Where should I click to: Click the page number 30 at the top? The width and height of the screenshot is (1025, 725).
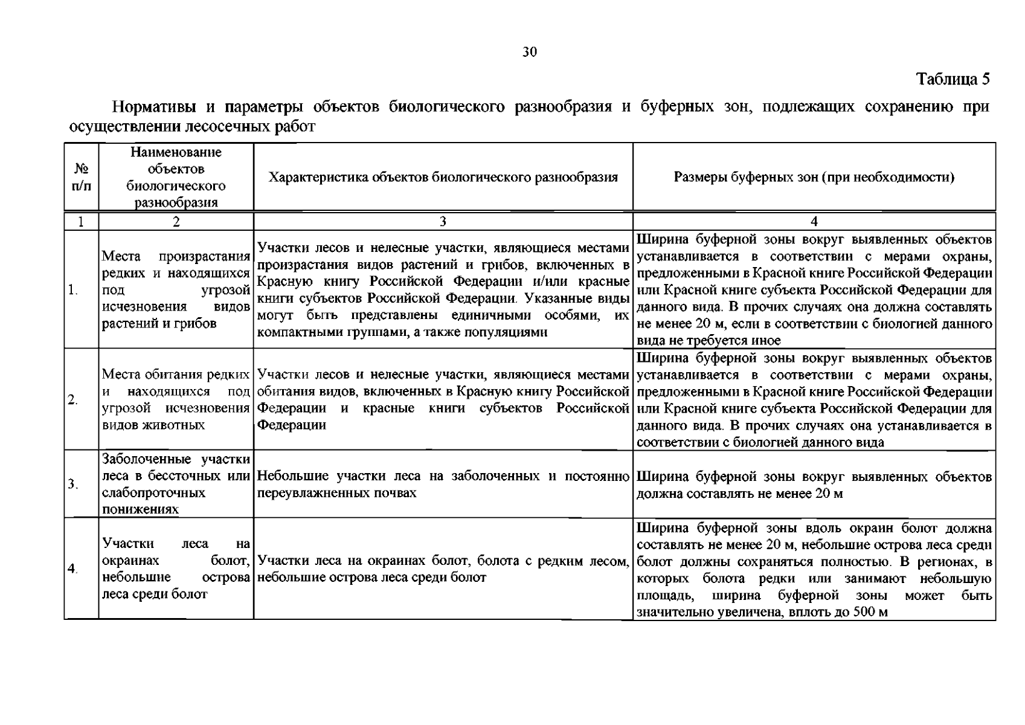coord(529,52)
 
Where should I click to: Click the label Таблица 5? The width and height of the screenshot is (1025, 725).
coord(953,79)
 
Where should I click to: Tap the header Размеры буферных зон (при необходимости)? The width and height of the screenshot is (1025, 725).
coord(814,178)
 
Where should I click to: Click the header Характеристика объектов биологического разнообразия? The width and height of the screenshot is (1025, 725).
coord(443,178)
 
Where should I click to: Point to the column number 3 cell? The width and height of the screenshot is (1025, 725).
coord(443,221)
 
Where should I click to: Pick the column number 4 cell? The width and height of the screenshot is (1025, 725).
coord(814,221)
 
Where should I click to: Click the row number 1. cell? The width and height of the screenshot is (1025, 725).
coord(73,290)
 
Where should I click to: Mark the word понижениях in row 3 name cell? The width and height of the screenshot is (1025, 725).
coord(140,509)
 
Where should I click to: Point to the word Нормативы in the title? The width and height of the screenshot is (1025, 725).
coord(153,108)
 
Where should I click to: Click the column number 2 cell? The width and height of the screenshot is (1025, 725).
coord(176,221)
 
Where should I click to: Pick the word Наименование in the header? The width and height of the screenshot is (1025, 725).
coord(176,152)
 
